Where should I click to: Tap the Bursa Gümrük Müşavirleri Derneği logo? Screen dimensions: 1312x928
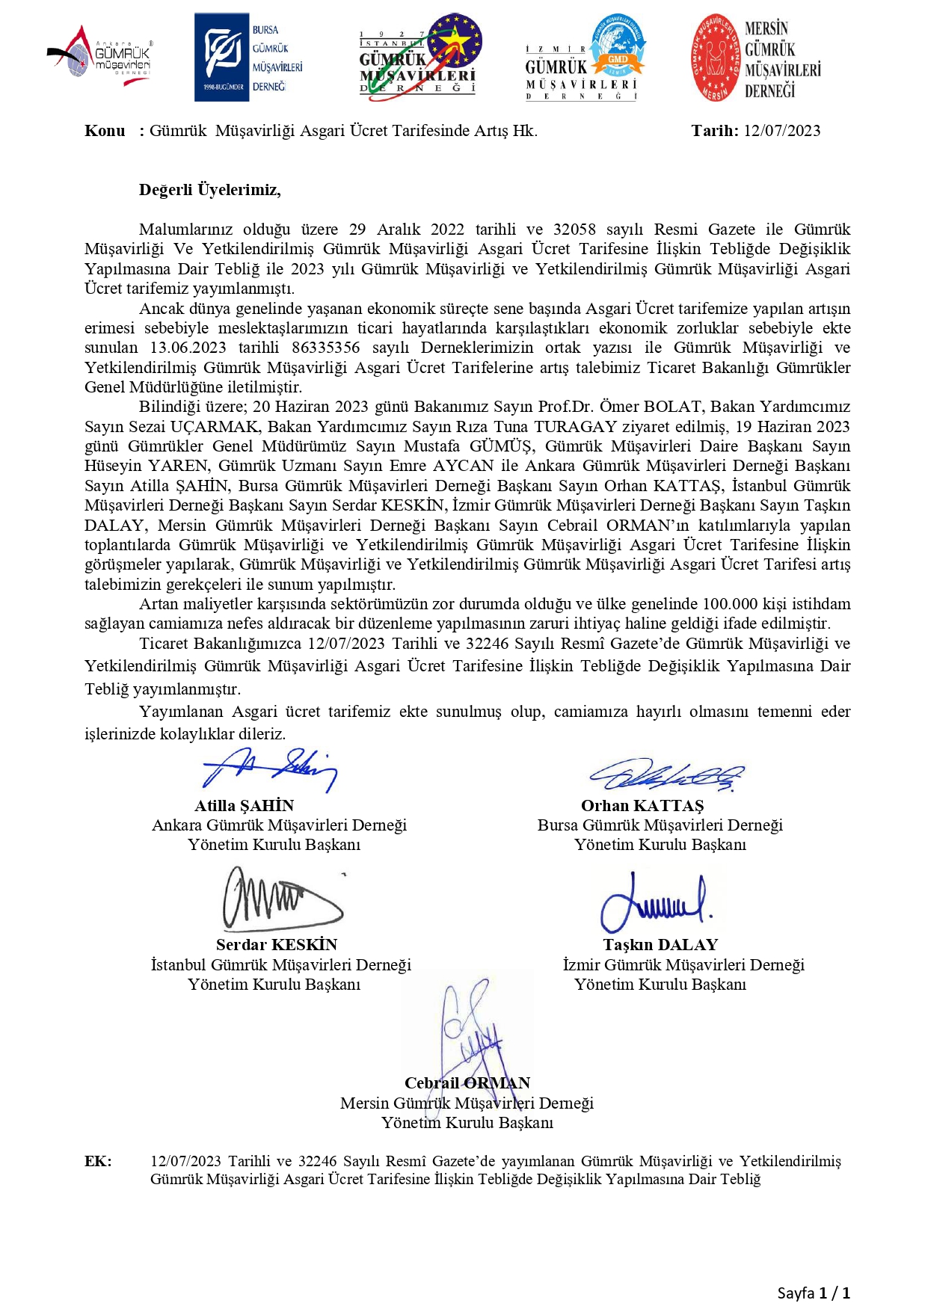[x=248, y=57]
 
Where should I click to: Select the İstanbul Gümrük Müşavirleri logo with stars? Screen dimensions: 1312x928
[x=419, y=55]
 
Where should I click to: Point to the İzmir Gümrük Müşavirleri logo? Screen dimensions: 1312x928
[x=584, y=59]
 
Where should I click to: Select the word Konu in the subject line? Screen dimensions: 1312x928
[x=105, y=131]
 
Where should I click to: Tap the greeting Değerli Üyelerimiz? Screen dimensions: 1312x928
[x=209, y=190]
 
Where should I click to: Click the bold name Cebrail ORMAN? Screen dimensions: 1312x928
[x=467, y=1083]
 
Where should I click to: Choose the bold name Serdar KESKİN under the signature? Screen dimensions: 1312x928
[x=276, y=945]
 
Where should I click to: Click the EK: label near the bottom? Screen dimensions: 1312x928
[x=98, y=1161]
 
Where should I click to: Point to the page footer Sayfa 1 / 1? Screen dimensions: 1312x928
[x=813, y=1293]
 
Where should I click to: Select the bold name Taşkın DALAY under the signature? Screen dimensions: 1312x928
[x=660, y=945]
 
